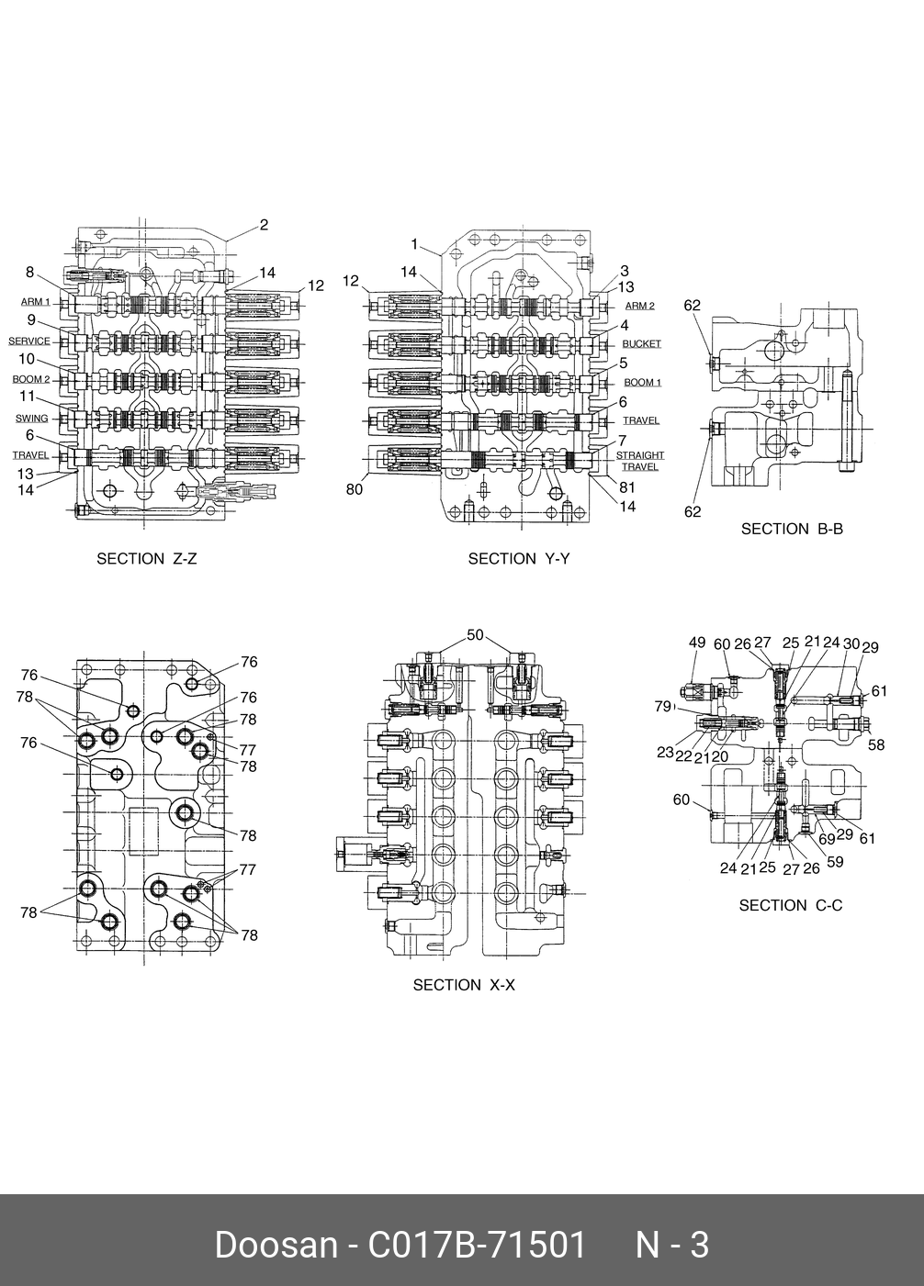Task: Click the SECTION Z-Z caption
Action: tap(147, 558)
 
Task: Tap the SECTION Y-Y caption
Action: tap(518, 558)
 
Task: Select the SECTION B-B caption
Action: tap(792, 529)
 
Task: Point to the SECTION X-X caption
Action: tap(464, 985)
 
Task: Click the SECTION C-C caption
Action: tap(790, 905)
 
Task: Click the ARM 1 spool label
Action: tap(36, 302)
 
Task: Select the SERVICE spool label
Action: tap(29, 341)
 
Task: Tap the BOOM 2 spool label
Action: tap(31, 379)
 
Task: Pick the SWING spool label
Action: tap(32, 419)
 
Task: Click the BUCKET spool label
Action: tap(641, 343)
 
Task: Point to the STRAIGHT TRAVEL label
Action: tap(639, 461)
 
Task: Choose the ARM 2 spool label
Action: tap(639, 306)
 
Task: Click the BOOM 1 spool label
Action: tap(642, 382)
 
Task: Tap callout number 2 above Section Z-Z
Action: tap(264, 225)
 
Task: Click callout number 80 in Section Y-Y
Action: tap(355, 489)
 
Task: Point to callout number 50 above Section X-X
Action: tap(475, 635)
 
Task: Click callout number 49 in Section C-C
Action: tap(697, 643)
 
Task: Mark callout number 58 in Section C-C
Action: tap(876, 744)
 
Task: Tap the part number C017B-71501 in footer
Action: tap(477, 1246)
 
